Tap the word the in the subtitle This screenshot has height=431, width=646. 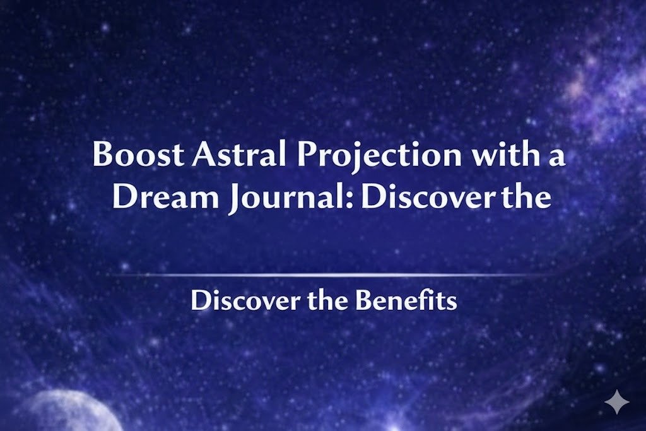327,301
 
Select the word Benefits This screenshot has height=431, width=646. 405,301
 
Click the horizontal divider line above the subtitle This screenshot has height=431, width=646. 323,275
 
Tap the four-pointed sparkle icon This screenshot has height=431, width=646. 616,402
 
